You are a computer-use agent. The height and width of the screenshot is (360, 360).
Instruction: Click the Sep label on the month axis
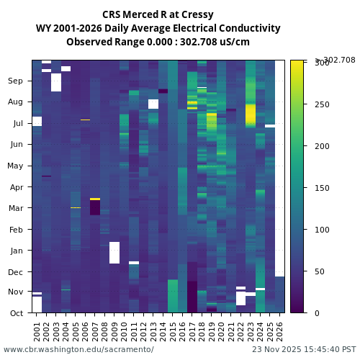(x=16, y=81)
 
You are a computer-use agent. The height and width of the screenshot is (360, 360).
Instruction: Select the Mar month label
(x=16, y=209)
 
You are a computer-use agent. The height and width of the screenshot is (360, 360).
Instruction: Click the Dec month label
(x=16, y=272)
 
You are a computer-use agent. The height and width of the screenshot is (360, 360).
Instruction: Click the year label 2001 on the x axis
(x=37, y=330)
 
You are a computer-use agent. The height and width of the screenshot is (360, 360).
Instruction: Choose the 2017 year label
(x=192, y=330)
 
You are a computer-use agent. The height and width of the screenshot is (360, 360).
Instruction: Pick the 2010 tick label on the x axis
(x=124, y=330)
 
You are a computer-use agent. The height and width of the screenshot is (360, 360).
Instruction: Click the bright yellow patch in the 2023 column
(x=251, y=114)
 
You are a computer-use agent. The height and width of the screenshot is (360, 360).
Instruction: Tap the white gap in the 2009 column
(x=114, y=253)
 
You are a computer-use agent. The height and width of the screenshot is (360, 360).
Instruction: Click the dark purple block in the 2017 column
(x=192, y=297)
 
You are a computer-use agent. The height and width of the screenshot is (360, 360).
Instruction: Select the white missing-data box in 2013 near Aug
(x=153, y=104)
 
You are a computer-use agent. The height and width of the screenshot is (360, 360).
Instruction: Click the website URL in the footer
(x=78, y=350)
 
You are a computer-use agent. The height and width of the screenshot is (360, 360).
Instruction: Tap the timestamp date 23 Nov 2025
(x=276, y=350)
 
